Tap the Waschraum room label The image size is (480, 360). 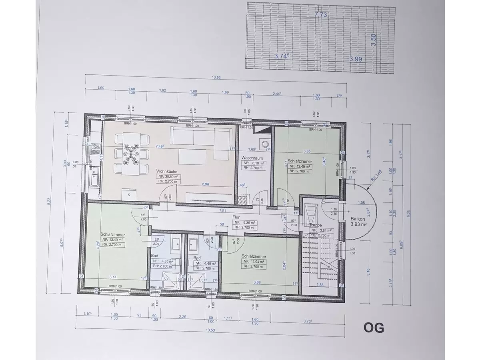tap(252, 158)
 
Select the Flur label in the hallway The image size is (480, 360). tap(236, 218)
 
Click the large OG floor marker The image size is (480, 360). tap(374, 328)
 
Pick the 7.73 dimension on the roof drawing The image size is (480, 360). tap(321, 14)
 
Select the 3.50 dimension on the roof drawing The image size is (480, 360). tap(374, 40)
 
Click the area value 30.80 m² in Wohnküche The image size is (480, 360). tap(170, 176)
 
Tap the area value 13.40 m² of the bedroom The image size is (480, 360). tap(114, 240)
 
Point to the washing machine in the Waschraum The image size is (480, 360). tap(264, 143)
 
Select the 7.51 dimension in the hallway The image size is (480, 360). tap(223, 211)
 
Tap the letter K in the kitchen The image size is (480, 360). tap(129, 194)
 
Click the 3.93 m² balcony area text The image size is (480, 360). tap(359, 224)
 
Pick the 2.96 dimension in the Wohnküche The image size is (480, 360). tap(206, 184)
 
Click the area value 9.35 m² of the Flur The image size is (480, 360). tap(251, 222)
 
